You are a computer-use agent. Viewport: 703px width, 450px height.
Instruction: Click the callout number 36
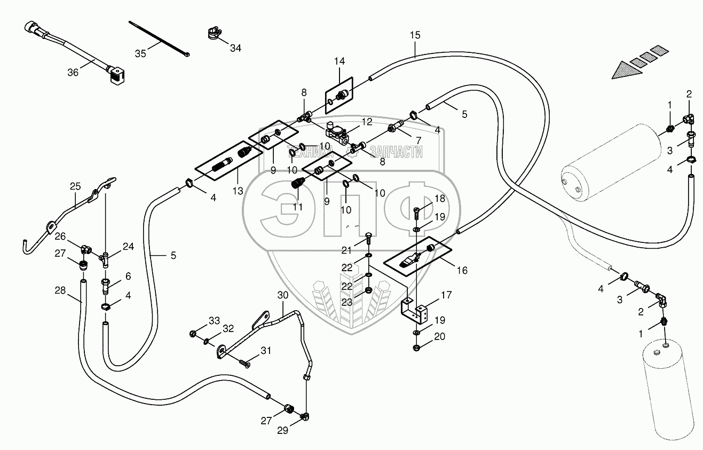point(73,72)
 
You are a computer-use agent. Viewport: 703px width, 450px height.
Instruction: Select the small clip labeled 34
point(212,34)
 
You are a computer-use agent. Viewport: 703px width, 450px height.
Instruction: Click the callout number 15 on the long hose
point(415,35)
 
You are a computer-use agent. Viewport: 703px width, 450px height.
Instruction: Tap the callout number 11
point(297,207)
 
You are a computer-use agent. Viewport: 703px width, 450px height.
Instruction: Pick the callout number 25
point(75,186)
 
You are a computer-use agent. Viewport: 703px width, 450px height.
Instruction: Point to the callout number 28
point(60,290)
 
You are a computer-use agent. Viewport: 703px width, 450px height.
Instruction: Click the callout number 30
point(282,295)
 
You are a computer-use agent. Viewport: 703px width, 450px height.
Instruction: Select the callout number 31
point(266,350)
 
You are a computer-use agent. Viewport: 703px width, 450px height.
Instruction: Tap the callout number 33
point(214,320)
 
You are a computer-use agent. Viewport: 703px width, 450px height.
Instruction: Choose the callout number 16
point(462,271)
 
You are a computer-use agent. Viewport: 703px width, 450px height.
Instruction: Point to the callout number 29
point(282,431)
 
